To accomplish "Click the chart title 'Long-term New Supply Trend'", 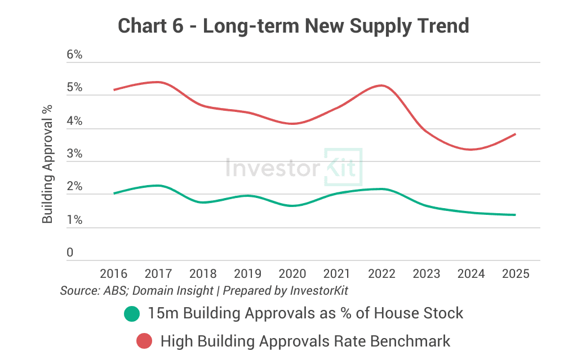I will click(293, 25).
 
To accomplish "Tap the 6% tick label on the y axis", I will click(74, 55).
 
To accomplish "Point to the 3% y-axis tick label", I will click(74, 154).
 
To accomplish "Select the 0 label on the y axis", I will click(70, 253).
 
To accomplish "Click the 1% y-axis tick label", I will click(74, 220).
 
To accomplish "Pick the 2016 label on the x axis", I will click(113, 274).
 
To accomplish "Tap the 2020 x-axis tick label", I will click(292, 274).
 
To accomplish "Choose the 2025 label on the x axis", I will click(515, 274).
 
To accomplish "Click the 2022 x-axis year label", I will click(381, 274).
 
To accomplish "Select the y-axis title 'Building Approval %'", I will click(48, 163).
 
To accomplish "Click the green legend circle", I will click(132, 313).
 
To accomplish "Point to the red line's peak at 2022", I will click(381, 85).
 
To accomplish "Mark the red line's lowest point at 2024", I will click(471, 149).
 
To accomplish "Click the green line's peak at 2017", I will click(158, 186).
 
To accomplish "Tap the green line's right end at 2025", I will click(515, 215).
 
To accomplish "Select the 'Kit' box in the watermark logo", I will click(343, 168).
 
